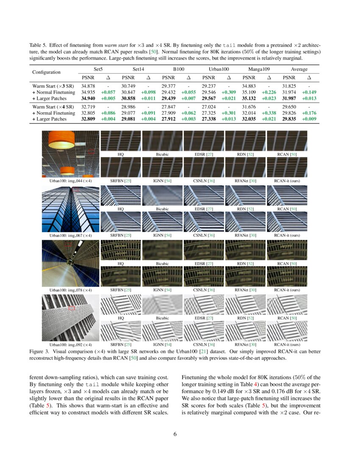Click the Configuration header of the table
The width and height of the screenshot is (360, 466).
(x=46, y=72)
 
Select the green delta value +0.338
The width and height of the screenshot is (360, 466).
(x=269, y=114)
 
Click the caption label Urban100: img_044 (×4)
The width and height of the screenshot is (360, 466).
(x=71, y=181)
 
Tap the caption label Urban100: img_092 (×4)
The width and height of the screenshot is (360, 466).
(x=71, y=344)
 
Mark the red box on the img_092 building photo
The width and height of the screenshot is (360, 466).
(x=72, y=308)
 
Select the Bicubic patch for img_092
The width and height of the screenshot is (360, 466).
(x=162, y=305)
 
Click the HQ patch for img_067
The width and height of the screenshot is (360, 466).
(x=120, y=195)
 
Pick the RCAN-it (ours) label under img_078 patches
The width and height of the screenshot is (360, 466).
(x=287, y=290)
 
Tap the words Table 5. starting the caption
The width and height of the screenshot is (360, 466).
(x=38, y=44)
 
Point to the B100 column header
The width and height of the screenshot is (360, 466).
(x=178, y=69)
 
